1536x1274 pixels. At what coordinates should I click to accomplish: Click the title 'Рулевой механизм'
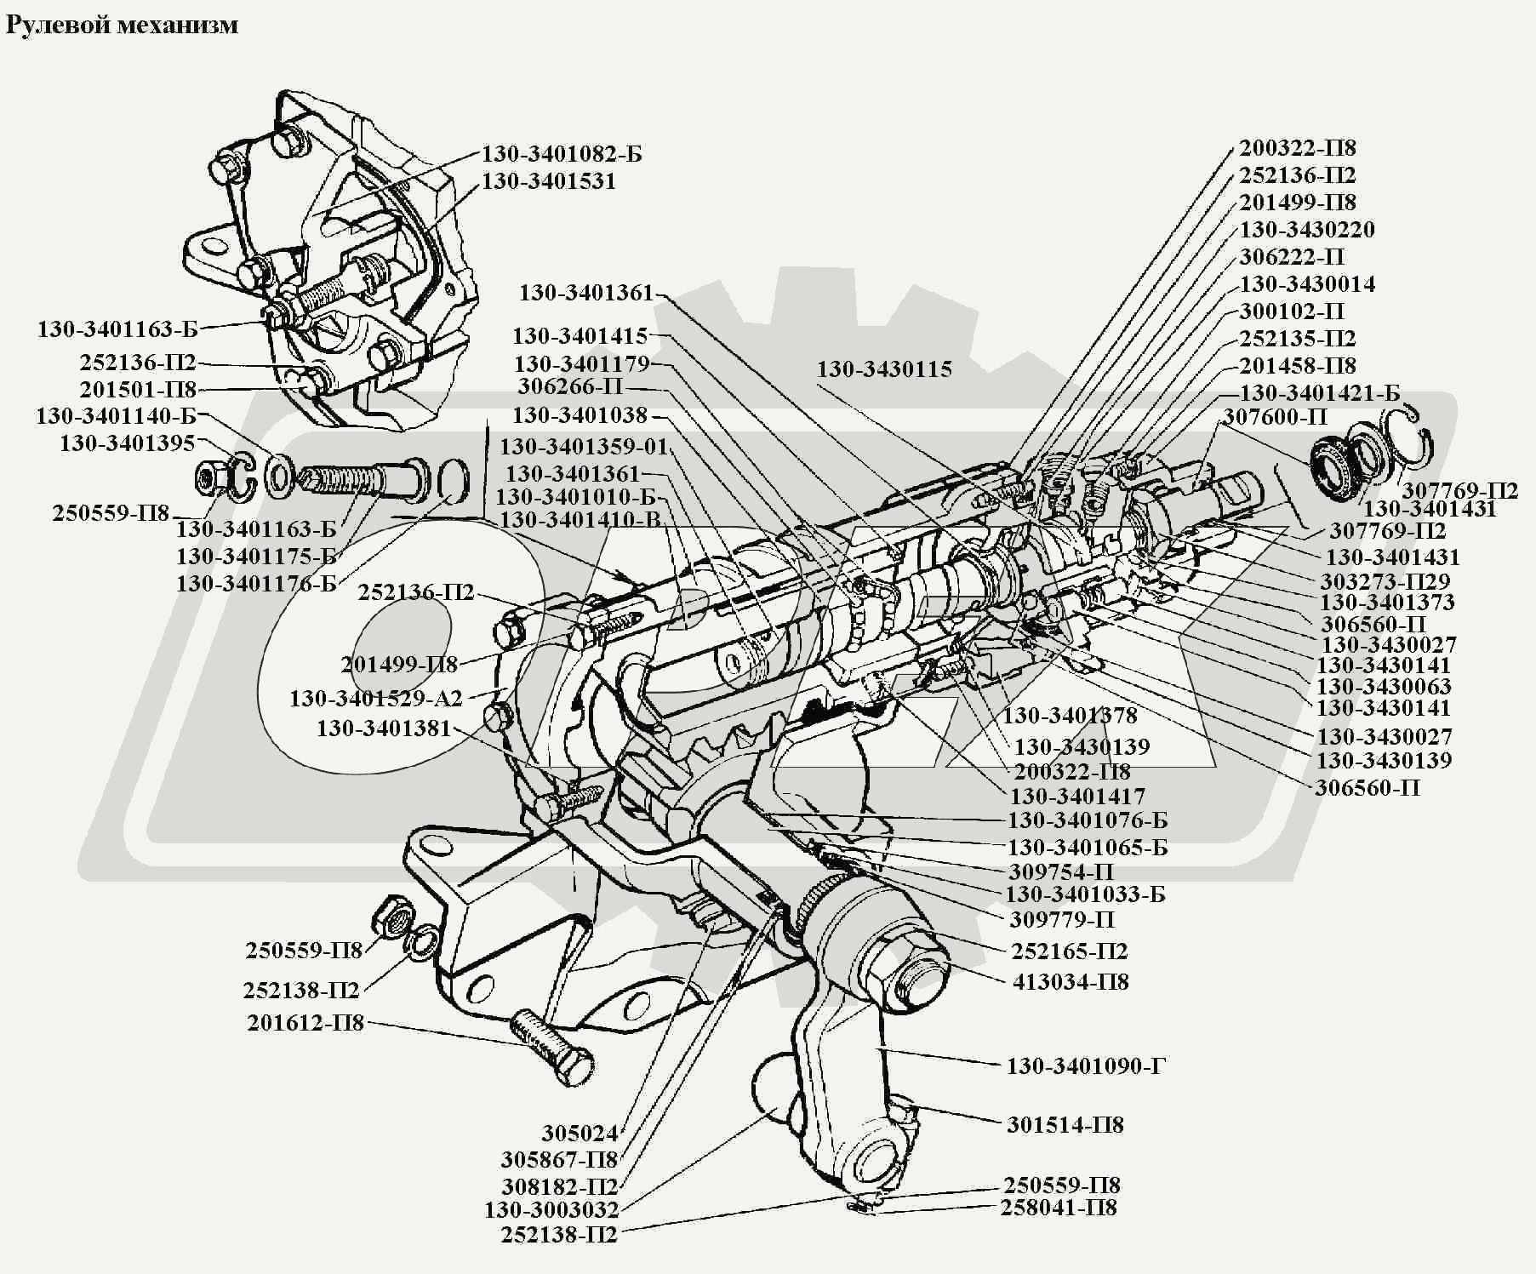click(122, 25)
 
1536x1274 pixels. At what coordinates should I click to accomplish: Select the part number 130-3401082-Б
click(562, 154)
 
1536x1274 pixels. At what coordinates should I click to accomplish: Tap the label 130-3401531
click(548, 181)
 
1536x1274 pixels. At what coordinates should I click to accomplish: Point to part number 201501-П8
click(138, 390)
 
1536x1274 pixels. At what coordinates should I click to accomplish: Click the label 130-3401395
click(127, 443)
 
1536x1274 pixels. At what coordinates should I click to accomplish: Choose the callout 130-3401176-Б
click(256, 584)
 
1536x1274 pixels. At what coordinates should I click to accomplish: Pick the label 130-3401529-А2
click(375, 699)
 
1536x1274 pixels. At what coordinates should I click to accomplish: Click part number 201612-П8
click(305, 1022)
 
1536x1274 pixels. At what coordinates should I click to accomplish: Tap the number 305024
click(579, 1134)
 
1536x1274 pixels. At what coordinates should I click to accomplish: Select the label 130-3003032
click(551, 1209)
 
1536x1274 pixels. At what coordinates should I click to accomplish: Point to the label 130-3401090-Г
click(1086, 1065)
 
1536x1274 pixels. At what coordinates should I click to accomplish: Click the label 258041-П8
click(1058, 1208)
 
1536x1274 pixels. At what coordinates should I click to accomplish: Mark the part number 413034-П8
click(1071, 981)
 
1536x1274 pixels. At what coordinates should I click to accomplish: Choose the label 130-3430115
click(884, 369)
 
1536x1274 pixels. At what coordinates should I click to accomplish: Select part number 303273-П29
click(1385, 581)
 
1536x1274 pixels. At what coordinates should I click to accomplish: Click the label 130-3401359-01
click(584, 447)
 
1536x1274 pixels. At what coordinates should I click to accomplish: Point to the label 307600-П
click(1275, 417)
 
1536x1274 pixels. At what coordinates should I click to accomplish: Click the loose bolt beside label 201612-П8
click(551, 1047)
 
